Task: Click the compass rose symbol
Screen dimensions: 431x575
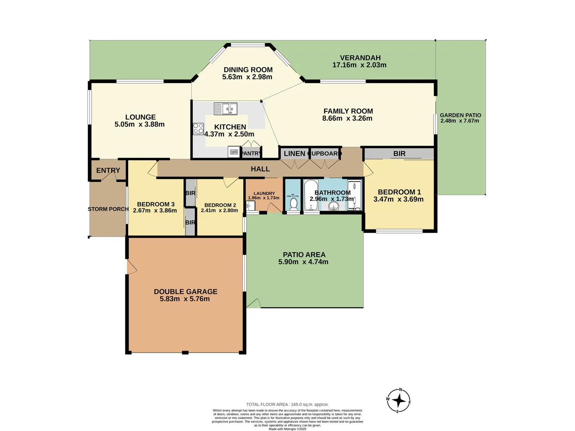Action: point(399,400)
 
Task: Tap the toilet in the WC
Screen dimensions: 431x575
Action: point(293,204)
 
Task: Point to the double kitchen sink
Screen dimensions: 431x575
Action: point(226,109)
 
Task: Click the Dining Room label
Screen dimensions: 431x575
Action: point(248,70)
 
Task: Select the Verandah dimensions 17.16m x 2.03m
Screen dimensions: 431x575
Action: point(359,65)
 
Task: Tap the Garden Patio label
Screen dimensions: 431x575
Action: point(460,115)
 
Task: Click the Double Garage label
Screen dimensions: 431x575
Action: point(186,292)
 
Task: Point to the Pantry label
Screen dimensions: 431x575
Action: point(251,153)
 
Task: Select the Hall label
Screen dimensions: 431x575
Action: point(260,169)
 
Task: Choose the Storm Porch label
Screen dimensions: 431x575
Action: point(108,209)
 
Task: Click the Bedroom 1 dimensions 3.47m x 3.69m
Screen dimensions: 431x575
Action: point(399,199)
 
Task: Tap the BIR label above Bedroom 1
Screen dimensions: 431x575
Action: point(399,154)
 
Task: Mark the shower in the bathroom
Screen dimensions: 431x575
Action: point(354,195)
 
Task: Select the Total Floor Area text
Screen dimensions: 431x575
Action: point(287,404)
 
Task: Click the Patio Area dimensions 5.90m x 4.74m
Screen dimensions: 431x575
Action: point(303,262)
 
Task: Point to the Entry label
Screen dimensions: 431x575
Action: point(108,170)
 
